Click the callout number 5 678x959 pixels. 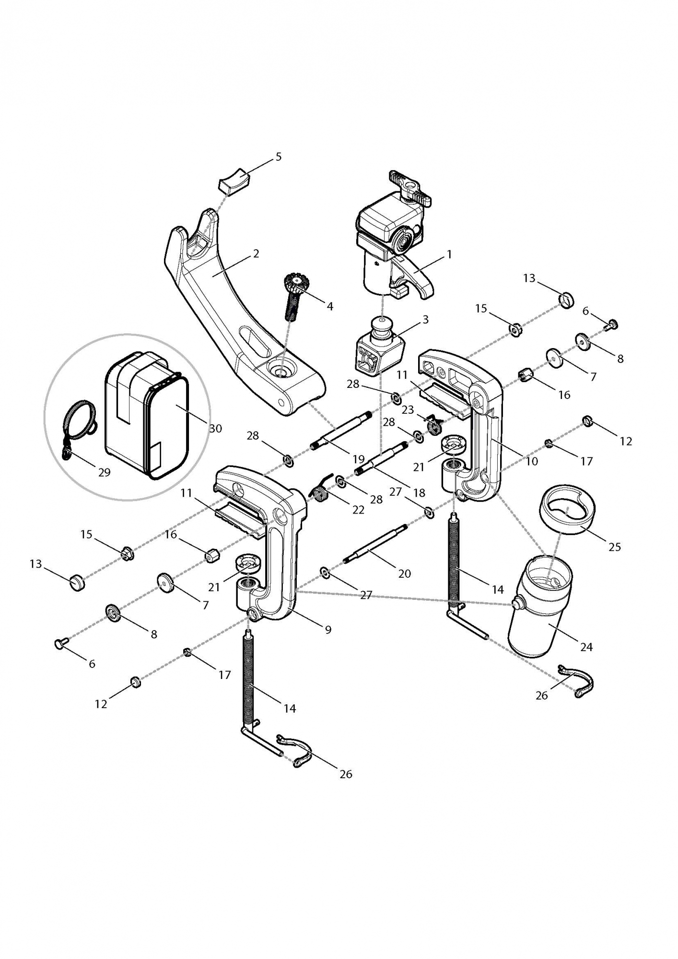(279, 157)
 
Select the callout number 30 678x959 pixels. (216, 428)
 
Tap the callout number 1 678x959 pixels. (449, 254)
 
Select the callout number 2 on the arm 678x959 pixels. (256, 253)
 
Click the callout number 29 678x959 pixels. (104, 472)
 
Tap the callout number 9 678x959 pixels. (328, 630)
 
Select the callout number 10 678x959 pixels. (532, 461)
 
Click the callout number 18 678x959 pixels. (419, 492)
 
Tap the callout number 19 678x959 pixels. (359, 458)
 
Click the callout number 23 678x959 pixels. (408, 410)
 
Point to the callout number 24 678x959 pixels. (586, 647)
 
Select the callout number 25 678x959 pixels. (615, 547)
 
